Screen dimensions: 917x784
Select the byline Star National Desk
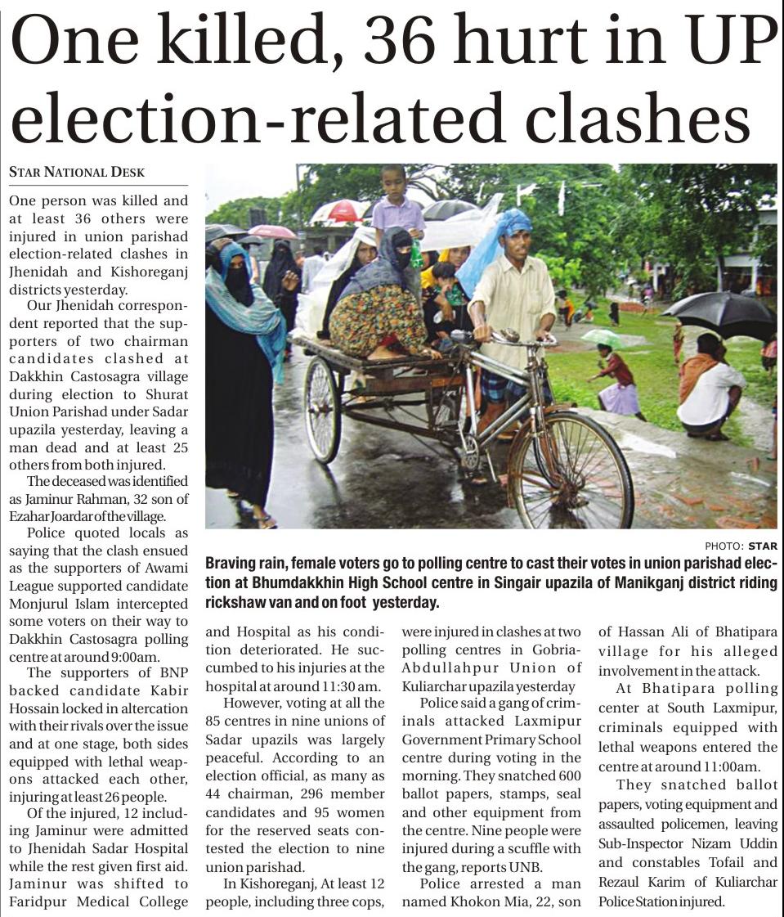[x=77, y=172]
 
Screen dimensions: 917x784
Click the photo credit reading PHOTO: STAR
[x=741, y=546]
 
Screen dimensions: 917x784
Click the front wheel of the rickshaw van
[x=570, y=470]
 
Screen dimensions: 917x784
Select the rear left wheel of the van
[x=323, y=409]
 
